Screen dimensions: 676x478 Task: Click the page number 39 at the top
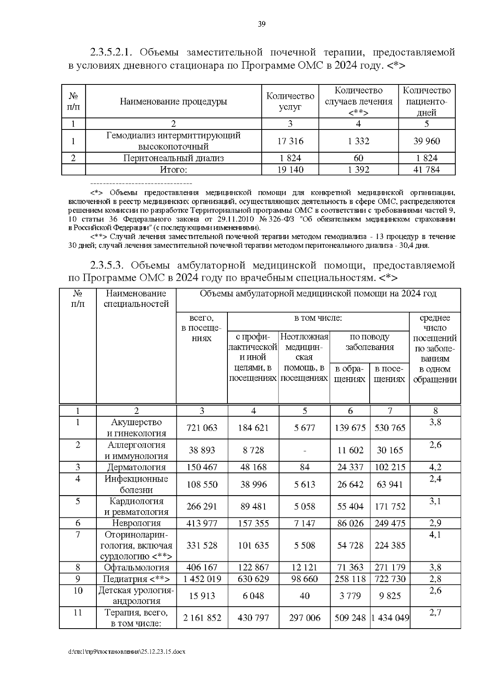pyautogui.click(x=262, y=24)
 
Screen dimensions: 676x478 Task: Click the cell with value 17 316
pyautogui.click(x=290, y=141)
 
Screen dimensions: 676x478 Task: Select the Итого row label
pyautogui.click(x=173, y=170)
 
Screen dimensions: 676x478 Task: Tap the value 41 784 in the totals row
pyautogui.click(x=427, y=170)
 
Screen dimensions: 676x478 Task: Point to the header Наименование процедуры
pyautogui.click(x=173, y=102)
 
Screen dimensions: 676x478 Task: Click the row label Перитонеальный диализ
pyautogui.click(x=173, y=158)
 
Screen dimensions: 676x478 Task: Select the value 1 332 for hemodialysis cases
pyautogui.click(x=358, y=141)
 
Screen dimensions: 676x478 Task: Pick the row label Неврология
pyautogui.click(x=136, y=523)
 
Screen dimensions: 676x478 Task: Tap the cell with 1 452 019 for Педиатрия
pyautogui.click(x=202, y=579)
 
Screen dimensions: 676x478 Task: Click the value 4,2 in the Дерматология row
pyautogui.click(x=435, y=467)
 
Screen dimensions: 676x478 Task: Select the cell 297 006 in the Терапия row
pyautogui.click(x=304, y=617)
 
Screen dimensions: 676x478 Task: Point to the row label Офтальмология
pyautogui.click(x=136, y=567)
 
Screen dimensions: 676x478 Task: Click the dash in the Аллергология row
pyautogui.click(x=304, y=451)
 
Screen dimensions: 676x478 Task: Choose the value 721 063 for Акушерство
pyautogui.click(x=202, y=428)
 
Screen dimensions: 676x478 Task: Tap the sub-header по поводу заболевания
pyautogui.click(x=369, y=342)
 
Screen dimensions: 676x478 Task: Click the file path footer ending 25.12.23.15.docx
pyautogui.click(x=127, y=652)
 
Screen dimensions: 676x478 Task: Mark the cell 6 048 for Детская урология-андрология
pyautogui.click(x=253, y=596)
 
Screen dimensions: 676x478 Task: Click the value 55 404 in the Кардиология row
pyautogui.click(x=350, y=506)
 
